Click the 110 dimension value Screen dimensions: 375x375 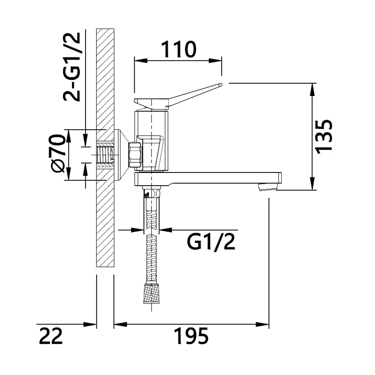[178, 49]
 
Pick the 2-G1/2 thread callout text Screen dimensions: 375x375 [72, 67]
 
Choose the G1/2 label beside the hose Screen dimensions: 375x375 [211, 242]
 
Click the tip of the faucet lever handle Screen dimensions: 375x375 [221, 84]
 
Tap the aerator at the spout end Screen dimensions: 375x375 [268, 186]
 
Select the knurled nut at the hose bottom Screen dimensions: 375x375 [151, 294]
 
